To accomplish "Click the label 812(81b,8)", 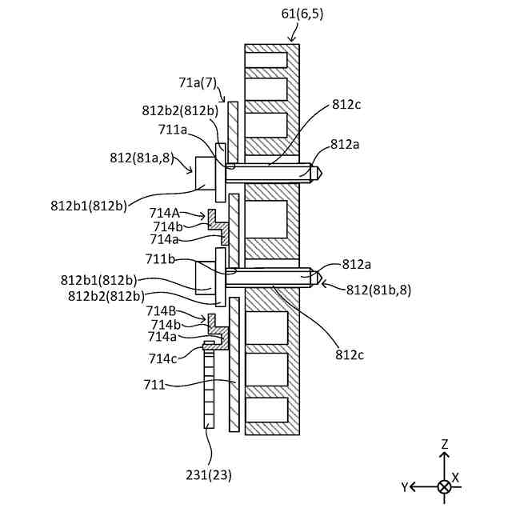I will pos(378,290).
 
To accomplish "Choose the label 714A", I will pos(165,213).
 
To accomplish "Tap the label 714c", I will pos(164,358).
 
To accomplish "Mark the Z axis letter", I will pos(445,444).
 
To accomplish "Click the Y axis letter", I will pos(406,486).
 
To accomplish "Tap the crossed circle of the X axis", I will pos(445,486).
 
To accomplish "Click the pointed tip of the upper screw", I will pos(317,170).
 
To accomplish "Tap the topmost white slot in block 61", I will pos(266,60).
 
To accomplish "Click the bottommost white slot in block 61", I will pos(266,410).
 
